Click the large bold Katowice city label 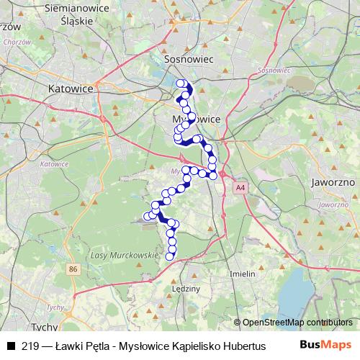click(71, 89)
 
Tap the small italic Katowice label click(54, 163)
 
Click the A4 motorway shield click(239, 189)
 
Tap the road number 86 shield click(72, 269)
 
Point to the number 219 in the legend click(30, 346)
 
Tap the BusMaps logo click(325, 346)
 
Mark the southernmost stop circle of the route click(171, 256)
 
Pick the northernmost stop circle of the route click(181, 83)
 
